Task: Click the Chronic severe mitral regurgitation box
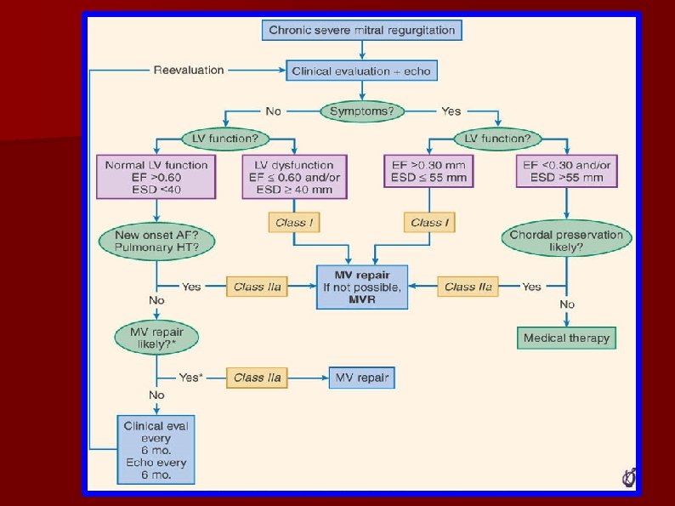point(362,31)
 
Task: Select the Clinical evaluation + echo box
point(362,71)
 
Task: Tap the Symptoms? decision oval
point(362,111)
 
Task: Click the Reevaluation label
point(189,70)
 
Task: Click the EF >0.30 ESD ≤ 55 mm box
point(426,171)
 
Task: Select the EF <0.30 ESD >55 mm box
point(566,171)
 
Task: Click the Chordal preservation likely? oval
point(566,241)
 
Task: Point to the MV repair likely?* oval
point(156,338)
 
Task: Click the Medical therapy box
point(566,338)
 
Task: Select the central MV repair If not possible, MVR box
point(362,287)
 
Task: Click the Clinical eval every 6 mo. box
point(156,448)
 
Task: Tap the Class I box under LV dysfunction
point(294,223)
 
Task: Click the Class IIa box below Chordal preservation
point(468,287)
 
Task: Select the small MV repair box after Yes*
point(362,377)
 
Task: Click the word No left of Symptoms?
point(273,111)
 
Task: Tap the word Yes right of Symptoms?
point(451,111)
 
